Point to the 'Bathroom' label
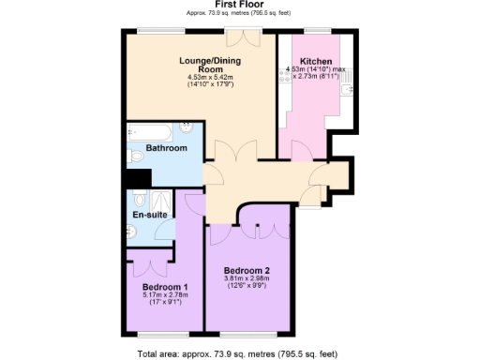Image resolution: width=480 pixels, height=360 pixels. coord(167,148)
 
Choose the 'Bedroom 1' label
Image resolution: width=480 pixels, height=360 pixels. coord(166,287)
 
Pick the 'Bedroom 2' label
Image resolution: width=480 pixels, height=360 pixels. coord(247,270)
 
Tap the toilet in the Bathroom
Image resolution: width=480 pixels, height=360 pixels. coord(135,156)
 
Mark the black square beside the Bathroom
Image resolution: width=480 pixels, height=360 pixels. coord(138,178)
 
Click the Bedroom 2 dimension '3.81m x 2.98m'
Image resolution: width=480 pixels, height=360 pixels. coord(246,278)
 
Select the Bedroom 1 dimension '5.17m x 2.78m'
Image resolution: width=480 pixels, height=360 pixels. coord(166,295)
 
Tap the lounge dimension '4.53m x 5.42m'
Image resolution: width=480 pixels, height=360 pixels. coord(202,78)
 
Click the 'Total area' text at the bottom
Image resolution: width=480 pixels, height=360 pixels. coord(235,353)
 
